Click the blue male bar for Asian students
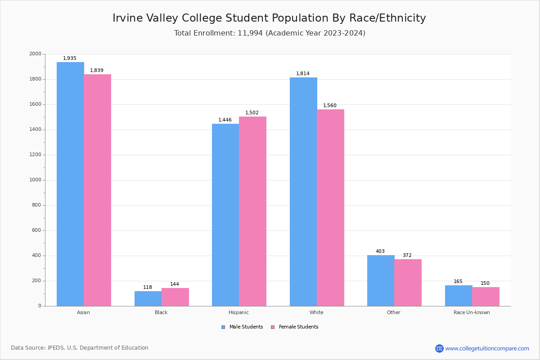pyautogui.click(x=70, y=184)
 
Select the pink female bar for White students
pyautogui.click(x=330, y=207)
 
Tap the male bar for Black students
pyautogui.click(x=148, y=298)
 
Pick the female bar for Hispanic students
pyautogui.click(x=252, y=211)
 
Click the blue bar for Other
pyautogui.click(x=381, y=280)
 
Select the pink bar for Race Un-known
pyautogui.click(x=486, y=297)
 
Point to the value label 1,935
pyautogui.click(x=70, y=58)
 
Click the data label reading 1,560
pyautogui.click(x=330, y=106)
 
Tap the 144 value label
pyautogui.click(x=175, y=284)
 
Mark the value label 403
pyautogui.click(x=380, y=252)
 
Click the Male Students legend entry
pyautogui.click(x=243, y=327)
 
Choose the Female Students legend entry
pyautogui.click(x=295, y=327)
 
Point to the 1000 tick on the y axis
pyautogui.click(x=35, y=180)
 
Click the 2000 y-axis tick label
pyautogui.click(x=35, y=54)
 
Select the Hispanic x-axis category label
pyautogui.click(x=238, y=312)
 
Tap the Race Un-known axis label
pyautogui.click(x=472, y=312)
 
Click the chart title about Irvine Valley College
pyautogui.click(x=269, y=18)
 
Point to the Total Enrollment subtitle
pyautogui.click(x=270, y=33)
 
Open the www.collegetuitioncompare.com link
pyautogui.click(x=487, y=348)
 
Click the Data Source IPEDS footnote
pyautogui.click(x=80, y=348)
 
